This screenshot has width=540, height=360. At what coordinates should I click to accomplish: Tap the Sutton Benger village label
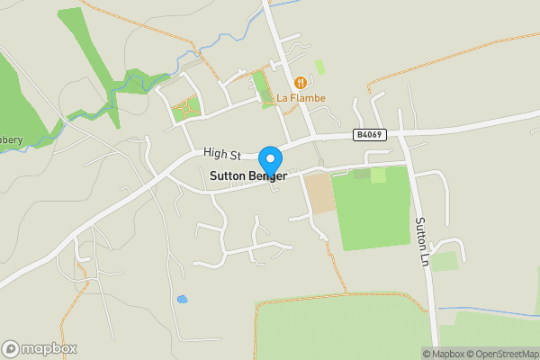pos(247,177)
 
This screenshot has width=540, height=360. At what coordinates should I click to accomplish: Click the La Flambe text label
pos(301,98)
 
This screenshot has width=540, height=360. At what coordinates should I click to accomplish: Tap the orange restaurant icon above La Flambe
pos(301,82)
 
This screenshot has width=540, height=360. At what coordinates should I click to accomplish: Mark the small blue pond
pos(183,299)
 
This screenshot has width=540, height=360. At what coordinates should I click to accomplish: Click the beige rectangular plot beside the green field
pos(318,193)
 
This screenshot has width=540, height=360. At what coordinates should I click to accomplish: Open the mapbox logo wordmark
pos(49,348)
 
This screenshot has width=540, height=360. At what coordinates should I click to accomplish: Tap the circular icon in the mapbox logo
pos(12,348)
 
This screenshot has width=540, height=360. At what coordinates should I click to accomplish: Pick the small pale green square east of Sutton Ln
pos(444,261)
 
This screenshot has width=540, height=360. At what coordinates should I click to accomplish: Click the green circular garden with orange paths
pos(186,109)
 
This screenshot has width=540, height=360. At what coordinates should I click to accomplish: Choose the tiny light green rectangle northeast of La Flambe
pos(320,67)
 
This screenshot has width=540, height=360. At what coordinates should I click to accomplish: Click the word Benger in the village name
pos(267,177)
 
